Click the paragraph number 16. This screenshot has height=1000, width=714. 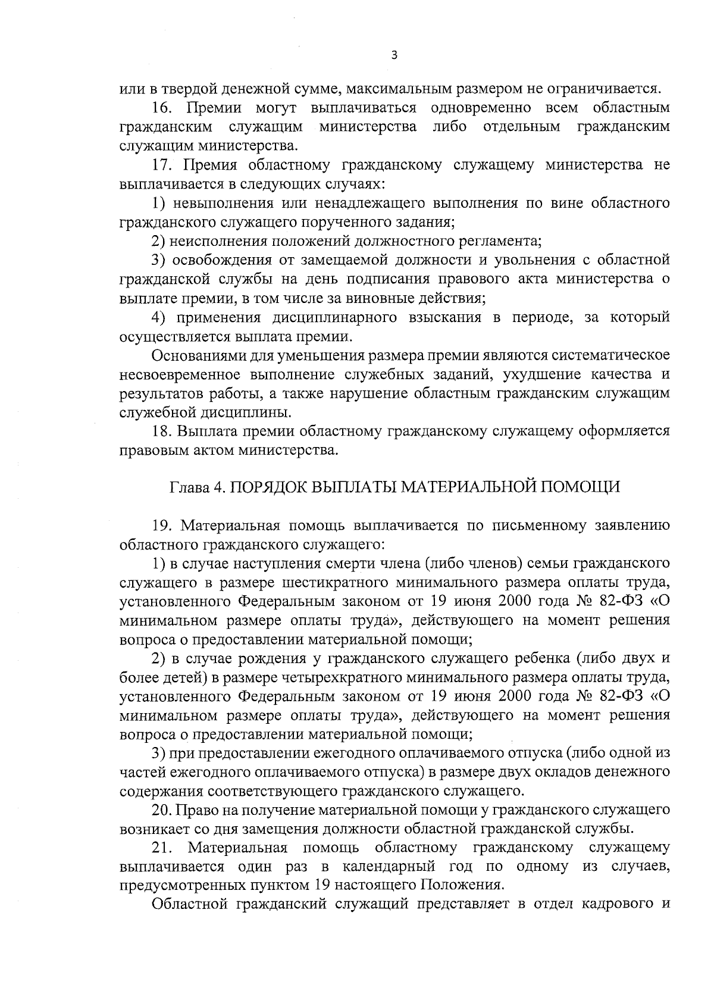(x=162, y=108)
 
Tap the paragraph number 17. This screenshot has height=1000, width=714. (x=162, y=165)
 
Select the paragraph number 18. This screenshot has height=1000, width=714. (x=162, y=431)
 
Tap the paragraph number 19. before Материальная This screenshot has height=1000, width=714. (x=162, y=526)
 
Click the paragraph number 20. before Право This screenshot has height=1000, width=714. (x=162, y=810)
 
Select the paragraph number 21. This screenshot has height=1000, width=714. (x=162, y=848)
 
